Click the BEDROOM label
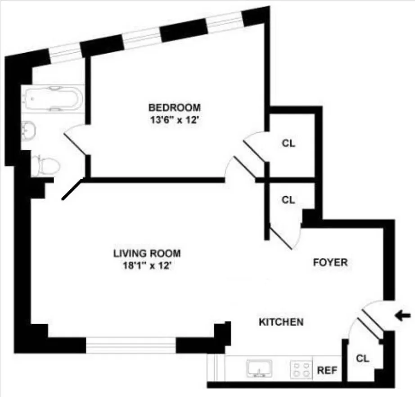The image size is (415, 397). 175,108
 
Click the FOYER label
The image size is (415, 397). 330,262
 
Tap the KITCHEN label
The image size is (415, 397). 281,322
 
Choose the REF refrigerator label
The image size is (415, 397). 327,371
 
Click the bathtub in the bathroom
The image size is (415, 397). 53,99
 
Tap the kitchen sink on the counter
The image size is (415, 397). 260,369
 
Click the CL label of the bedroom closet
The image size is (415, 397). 289,144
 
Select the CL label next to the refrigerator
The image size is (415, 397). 362,359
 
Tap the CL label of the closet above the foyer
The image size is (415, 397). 288,199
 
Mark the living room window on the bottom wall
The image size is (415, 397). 131,345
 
